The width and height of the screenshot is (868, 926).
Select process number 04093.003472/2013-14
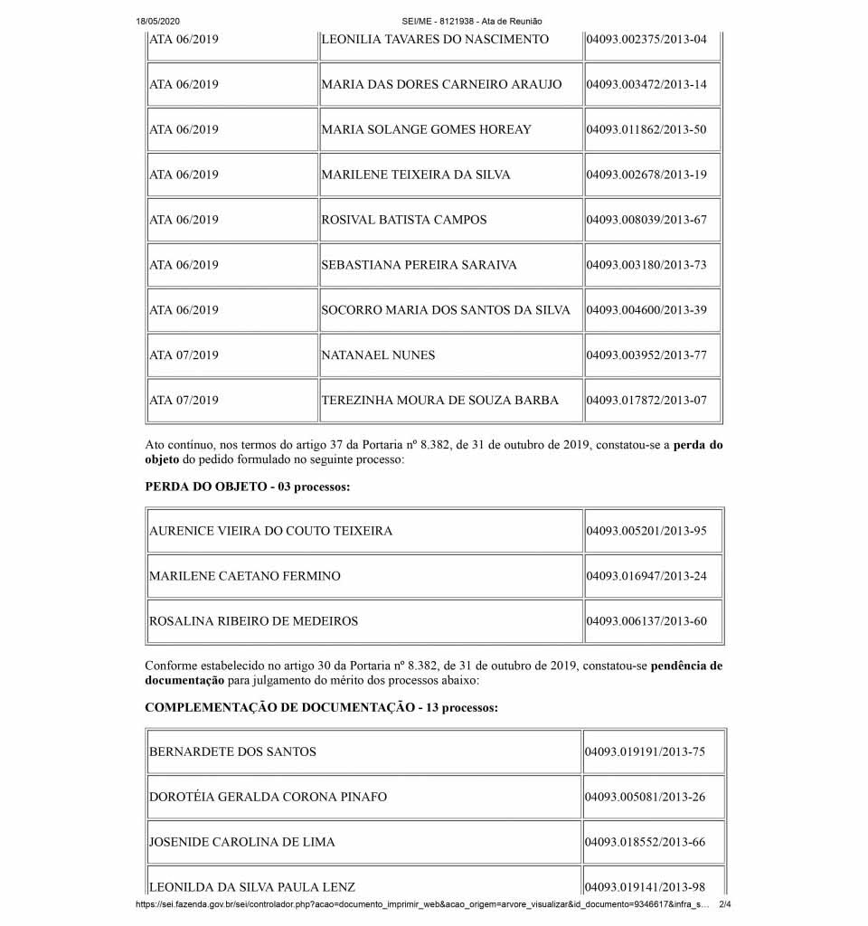coord(646,84)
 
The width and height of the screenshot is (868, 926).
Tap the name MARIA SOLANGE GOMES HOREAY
coord(427,129)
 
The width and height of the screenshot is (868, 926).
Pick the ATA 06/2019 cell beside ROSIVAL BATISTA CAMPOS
coord(184,220)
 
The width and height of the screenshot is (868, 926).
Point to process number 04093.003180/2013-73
coord(646,265)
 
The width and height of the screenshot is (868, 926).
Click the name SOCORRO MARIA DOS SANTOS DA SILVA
coord(446,310)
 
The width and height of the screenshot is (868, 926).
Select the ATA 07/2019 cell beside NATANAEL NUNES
coord(184,355)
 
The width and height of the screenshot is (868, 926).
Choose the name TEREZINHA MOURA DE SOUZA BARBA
coord(440,401)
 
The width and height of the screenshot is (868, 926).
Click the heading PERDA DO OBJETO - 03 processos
coord(247,487)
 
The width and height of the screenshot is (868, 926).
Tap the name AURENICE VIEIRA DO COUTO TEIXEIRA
coord(271,531)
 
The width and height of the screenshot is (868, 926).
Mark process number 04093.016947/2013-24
coord(646,576)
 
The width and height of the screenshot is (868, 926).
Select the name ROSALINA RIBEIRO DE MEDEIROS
coord(254,621)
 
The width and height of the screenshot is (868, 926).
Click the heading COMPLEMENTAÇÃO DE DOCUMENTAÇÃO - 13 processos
coord(321,707)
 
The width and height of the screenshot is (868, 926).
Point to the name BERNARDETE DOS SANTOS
coord(233,751)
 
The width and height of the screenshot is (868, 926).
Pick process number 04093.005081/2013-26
coord(646,797)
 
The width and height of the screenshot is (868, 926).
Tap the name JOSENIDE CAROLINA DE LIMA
coord(242,842)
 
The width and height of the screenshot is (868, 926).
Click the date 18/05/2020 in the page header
coord(159,21)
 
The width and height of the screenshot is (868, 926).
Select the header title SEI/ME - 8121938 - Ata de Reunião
coord(472,21)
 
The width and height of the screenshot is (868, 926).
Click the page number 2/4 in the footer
coord(724,903)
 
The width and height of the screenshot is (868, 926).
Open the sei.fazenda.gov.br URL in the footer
coord(420,903)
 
